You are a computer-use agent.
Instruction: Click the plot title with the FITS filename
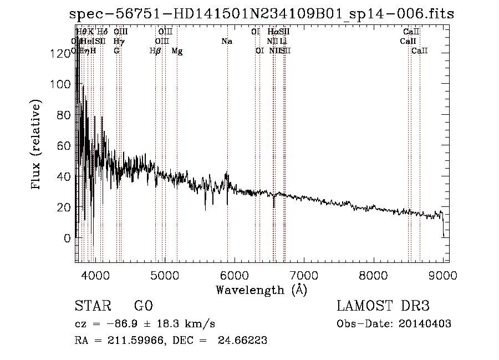(264, 13)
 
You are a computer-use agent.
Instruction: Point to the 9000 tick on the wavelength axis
(442, 274)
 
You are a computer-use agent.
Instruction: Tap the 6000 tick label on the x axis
(233, 274)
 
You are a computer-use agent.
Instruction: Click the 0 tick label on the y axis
(67, 238)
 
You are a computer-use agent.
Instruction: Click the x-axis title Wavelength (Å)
(261, 290)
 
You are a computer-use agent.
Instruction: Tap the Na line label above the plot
(226, 41)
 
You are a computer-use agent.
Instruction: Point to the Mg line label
(177, 51)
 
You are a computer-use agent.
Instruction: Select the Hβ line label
(155, 51)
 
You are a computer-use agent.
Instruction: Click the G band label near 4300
(116, 51)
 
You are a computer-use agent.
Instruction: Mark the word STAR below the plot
(92, 306)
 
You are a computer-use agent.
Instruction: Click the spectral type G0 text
(143, 306)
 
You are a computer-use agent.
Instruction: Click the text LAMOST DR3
(383, 306)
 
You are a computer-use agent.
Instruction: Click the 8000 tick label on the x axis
(373, 274)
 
